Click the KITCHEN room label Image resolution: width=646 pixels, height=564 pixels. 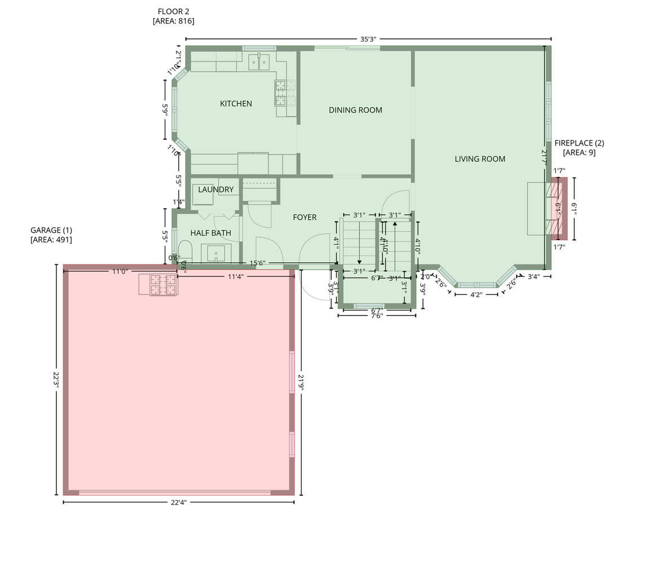click(236, 104)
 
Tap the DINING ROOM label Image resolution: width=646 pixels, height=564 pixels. click(355, 110)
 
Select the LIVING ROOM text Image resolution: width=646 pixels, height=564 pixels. click(480, 159)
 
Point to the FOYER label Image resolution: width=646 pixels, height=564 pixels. click(305, 217)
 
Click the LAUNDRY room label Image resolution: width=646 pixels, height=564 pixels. click(216, 190)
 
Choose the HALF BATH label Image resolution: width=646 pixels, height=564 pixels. click(210, 233)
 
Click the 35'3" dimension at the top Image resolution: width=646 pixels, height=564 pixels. click(368, 39)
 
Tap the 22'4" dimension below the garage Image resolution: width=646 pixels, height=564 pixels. click(178, 502)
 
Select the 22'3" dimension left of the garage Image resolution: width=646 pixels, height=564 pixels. click(56, 379)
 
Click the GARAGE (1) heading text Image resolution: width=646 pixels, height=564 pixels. click(51, 230)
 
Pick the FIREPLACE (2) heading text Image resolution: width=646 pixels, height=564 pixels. click(579, 143)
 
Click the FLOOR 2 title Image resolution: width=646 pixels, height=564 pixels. click(174, 11)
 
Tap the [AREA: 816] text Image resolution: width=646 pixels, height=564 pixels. click(174, 21)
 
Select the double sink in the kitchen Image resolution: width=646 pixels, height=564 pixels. click(259, 60)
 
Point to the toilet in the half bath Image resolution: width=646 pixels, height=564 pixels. click(186, 252)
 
